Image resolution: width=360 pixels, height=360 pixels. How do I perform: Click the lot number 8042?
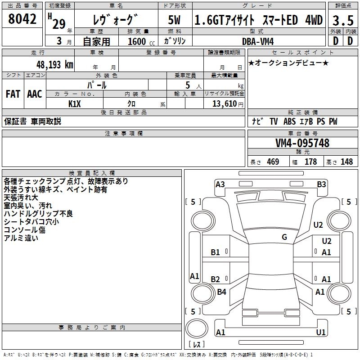22,19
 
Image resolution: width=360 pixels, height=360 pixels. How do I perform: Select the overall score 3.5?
343,21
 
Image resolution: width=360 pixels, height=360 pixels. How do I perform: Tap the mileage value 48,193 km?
55,64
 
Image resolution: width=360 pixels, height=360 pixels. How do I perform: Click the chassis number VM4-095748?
302,143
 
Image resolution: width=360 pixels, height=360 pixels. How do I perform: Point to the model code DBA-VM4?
258,41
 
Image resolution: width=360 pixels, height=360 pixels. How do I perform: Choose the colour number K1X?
75,104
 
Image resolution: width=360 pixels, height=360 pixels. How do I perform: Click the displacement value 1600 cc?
141,41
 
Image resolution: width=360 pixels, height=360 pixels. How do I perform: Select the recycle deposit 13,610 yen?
228,104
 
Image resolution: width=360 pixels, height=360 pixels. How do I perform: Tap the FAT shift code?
13,94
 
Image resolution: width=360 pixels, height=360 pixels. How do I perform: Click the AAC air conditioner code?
35,94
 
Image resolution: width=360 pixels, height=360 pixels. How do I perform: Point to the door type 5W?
174,20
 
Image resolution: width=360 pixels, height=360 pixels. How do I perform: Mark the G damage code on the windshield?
284,237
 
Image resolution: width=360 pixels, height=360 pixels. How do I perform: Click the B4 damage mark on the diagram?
221,292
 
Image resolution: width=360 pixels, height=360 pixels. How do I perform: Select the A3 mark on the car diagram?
220,184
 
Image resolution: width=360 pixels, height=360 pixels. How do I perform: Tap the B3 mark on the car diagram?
321,184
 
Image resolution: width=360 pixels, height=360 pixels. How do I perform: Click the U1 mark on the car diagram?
321,332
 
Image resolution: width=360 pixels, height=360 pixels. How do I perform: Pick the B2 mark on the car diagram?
216,279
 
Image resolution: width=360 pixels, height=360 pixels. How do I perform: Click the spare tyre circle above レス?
197,328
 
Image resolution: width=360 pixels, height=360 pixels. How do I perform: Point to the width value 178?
310,162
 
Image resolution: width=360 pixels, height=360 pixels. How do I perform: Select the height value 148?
346,162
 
